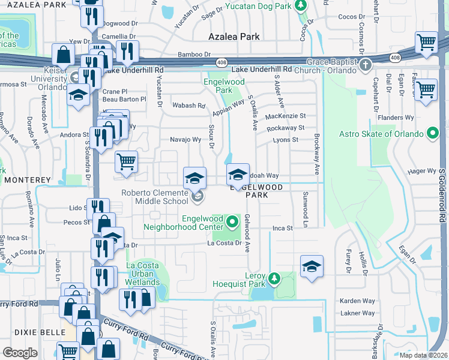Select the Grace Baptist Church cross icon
364,64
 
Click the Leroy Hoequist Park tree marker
274,278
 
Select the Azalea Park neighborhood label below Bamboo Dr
234,37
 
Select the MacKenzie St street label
285,116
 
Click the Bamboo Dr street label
194,54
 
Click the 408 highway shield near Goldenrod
394,58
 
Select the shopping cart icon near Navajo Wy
126,161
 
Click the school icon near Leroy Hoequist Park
312,266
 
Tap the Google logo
20,353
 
